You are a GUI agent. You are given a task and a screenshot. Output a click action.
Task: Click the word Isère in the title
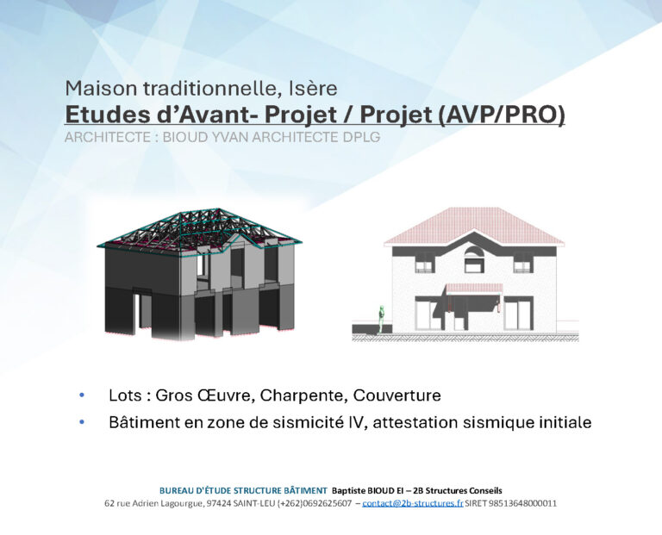click(x=313, y=89)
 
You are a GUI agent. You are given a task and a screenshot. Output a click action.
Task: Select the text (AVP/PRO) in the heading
click(x=501, y=115)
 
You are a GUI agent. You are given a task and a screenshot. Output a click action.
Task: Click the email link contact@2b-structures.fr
click(x=413, y=503)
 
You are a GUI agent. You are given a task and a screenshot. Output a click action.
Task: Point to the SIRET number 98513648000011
click(x=521, y=503)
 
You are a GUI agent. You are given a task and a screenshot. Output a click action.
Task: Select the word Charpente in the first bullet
click(x=304, y=395)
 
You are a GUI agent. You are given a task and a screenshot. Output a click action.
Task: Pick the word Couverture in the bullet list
click(x=397, y=395)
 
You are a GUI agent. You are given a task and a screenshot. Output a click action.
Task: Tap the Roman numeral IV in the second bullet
click(x=355, y=422)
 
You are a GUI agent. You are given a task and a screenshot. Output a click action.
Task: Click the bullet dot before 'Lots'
click(x=82, y=395)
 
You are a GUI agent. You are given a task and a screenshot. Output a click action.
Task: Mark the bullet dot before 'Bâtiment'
click(x=82, y=422)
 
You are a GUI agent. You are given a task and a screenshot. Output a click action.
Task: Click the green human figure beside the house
click(x=381, y=320)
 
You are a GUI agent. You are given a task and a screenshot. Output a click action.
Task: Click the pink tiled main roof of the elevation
click(x=474, y=226)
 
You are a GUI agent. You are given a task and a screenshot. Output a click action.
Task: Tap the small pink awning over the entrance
click(x=475, y=288)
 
